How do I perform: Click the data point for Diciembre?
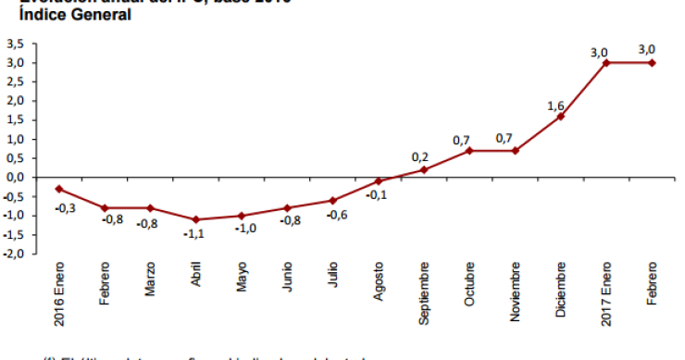tap(561, 116)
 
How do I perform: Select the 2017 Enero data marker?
tap(606, 63)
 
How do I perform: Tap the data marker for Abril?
tap(196, 219)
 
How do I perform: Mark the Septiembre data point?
tap(424, 169)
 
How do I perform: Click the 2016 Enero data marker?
tap(59, 189)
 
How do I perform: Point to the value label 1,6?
tap(555, 106)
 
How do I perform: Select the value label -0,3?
tap(66, 208)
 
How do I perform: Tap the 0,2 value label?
tap(419, 155)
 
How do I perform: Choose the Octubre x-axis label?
tap(469, 288)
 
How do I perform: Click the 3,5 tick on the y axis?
tap(15, 43)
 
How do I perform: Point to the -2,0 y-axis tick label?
tap(14, 254)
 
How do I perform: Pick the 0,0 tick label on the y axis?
tap(16, 177)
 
